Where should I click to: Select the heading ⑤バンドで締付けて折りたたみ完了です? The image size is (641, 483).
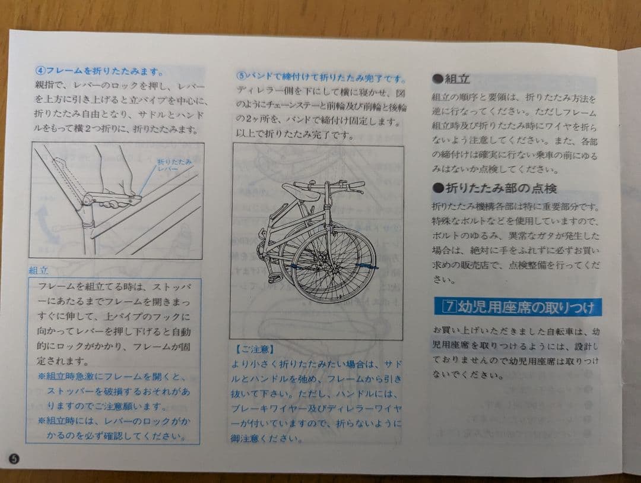320,77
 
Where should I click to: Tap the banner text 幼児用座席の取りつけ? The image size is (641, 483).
526,307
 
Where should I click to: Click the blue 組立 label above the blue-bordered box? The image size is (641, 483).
39,270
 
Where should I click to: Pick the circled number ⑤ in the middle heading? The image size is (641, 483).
241,77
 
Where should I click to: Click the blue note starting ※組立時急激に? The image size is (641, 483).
113,384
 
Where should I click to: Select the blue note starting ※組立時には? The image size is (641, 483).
113,428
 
